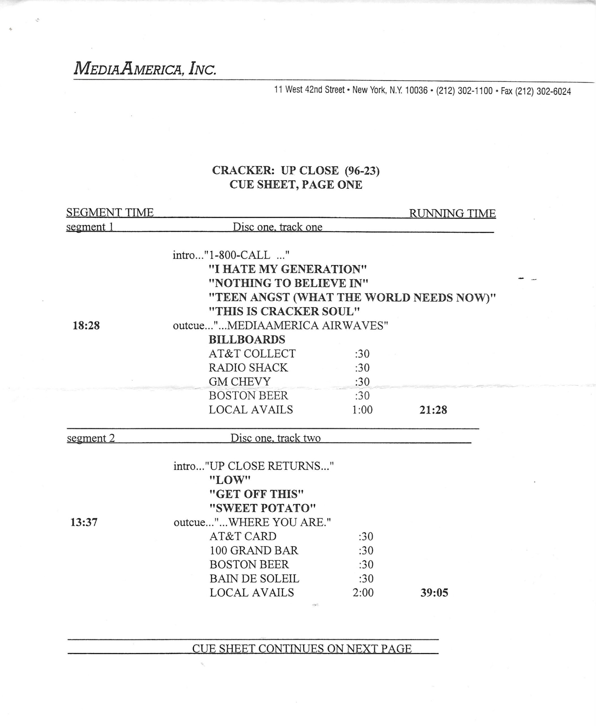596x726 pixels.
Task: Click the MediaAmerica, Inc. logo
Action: coord(145,68)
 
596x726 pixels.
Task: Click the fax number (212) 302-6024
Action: coord(543,91)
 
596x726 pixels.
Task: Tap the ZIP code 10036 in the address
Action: coord(416,91)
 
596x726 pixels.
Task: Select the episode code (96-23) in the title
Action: coord(362,170)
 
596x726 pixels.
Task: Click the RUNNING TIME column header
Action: coord(452,213)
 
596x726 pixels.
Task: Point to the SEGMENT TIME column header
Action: coord(110,213)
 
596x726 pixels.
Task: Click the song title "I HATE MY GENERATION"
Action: coord(288,269)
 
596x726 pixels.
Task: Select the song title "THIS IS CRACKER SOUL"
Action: coord(284,311)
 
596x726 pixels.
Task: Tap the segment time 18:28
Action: coord(86,325)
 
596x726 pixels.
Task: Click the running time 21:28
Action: coord(433,410)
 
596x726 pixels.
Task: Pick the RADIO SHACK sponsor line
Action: coord(248,368)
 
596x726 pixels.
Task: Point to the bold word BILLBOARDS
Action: coord(247,339)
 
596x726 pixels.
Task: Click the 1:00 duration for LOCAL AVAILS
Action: coord(362,410)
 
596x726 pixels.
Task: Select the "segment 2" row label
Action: coord(91,438)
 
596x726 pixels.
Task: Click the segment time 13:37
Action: coord(84,522)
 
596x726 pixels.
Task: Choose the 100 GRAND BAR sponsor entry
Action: coord(254,550)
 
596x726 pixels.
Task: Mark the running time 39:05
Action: coord(434,593)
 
